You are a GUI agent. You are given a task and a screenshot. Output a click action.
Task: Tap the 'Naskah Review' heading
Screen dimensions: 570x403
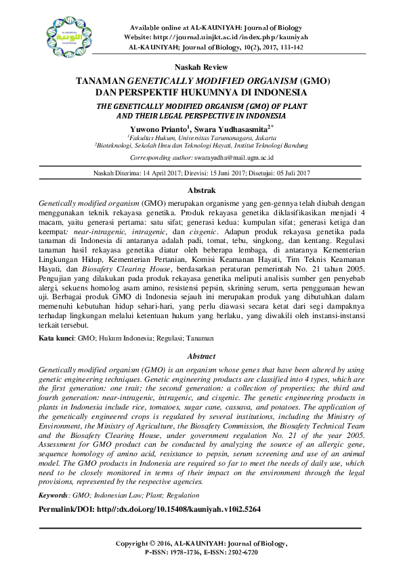tap(201, 68)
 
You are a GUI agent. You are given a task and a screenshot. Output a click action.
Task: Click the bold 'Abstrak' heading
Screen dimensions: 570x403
tap(201, 192)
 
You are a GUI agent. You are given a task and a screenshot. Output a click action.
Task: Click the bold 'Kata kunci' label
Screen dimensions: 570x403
tap(56, 337)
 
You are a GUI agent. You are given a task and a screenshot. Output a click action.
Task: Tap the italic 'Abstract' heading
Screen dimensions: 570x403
tap(201, 357)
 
